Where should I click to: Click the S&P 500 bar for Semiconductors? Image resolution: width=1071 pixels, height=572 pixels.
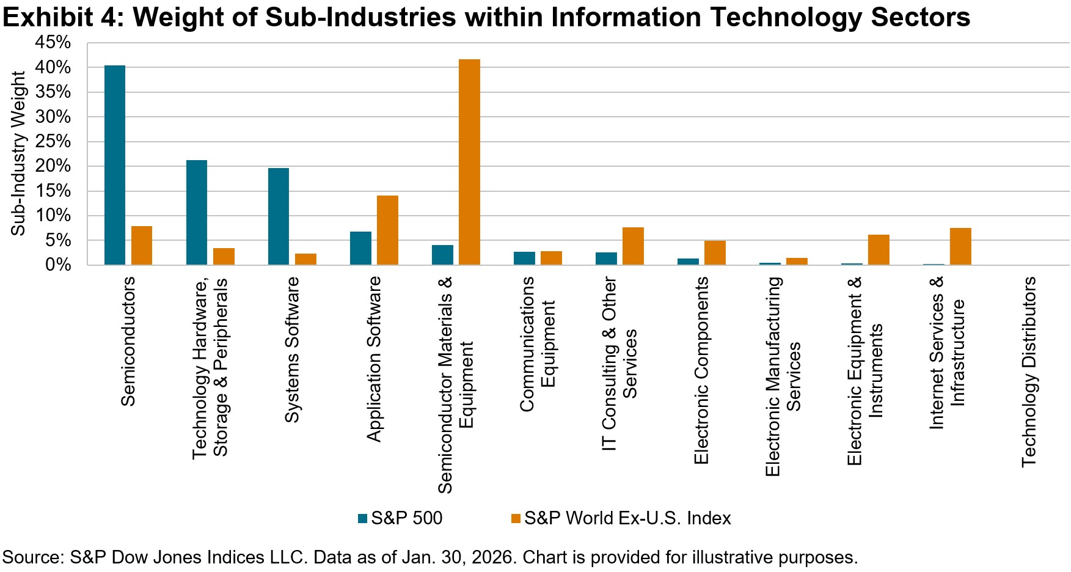115,165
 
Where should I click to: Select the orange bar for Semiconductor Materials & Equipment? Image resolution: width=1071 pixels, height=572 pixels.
469,162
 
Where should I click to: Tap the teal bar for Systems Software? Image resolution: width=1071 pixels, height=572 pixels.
279,216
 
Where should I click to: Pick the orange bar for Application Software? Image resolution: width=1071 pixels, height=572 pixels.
387,230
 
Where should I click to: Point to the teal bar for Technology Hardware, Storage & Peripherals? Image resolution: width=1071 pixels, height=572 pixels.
197,213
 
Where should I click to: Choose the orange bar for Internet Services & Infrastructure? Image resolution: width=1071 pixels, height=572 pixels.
960,246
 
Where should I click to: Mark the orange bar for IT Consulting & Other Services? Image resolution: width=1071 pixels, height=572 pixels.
633,246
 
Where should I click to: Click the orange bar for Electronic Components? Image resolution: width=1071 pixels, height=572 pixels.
715,253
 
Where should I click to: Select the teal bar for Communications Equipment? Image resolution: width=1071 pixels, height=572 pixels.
524,258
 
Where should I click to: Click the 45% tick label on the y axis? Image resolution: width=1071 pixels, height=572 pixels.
53,43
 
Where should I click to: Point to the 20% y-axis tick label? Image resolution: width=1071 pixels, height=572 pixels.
53,166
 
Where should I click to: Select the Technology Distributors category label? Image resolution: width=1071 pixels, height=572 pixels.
1029,372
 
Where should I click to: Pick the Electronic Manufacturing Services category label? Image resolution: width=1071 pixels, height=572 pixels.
783,376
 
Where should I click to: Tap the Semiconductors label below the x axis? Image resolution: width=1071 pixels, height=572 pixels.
128,341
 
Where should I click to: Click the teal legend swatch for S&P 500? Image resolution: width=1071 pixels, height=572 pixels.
363,518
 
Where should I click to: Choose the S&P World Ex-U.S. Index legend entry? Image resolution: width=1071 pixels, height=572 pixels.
627,518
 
